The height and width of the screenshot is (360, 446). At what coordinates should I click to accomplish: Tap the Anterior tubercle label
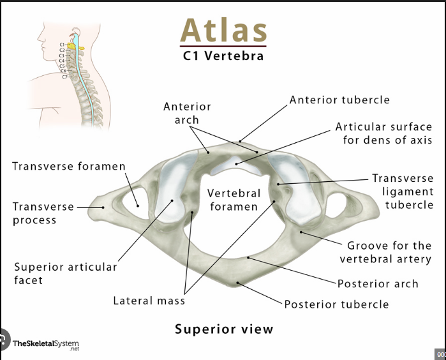[339, 100]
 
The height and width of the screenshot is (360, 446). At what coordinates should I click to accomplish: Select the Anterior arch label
[187, 113]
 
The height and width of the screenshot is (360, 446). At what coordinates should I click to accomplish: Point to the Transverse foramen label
[69, 167]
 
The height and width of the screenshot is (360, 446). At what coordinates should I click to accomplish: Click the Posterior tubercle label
[336, 304]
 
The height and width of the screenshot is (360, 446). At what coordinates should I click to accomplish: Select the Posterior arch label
[378, 284]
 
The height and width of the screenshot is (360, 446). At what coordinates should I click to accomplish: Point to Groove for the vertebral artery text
[385, 252]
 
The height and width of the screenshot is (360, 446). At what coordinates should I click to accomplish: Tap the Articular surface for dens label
[383, 133]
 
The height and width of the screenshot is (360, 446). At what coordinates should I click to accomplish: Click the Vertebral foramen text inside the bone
[234, 199]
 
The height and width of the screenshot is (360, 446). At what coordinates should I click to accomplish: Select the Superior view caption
[224, 329]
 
